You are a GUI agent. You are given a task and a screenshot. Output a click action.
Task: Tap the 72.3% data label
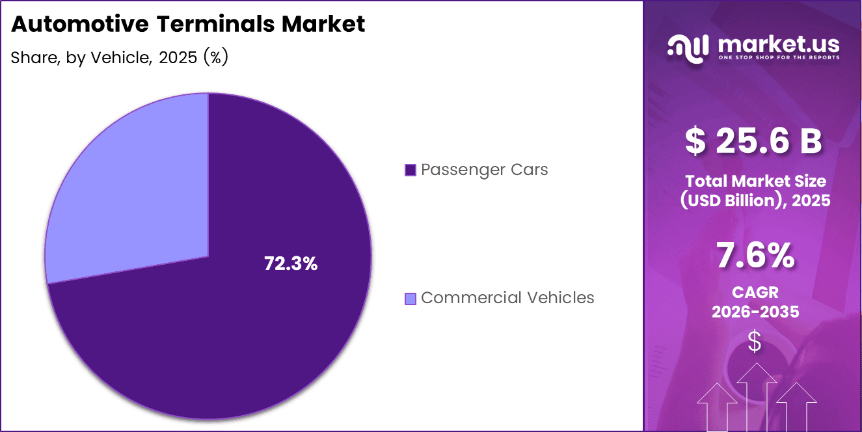click(x=291, y=263)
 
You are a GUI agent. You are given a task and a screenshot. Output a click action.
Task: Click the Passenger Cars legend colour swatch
click(x=410, y=170)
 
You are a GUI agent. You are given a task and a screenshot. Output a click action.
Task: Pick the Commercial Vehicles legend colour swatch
click(x=410, y=299)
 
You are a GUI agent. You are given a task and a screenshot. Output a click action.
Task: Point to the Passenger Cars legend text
click(x=484, y=170)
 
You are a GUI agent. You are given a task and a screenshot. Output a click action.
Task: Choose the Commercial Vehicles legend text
click(x=507, y=298)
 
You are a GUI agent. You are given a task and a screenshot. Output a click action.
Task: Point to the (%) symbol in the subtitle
click(x=215, y=57)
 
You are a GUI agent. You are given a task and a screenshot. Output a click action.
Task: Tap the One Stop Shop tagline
click(x=778, y=57)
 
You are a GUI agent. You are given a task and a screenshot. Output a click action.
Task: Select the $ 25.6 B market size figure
click(x=753, y=142)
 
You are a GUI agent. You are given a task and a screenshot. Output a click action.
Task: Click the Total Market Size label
click(x=755, y=181)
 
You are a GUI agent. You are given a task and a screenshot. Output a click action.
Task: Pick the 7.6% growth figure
click(x=755, y=256)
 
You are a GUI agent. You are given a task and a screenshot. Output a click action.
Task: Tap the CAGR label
click(x=755, y=293)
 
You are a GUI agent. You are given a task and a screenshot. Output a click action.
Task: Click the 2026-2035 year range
click(x=755, y=312)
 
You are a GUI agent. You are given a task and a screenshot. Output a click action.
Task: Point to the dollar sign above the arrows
click(x=755, y=341)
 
